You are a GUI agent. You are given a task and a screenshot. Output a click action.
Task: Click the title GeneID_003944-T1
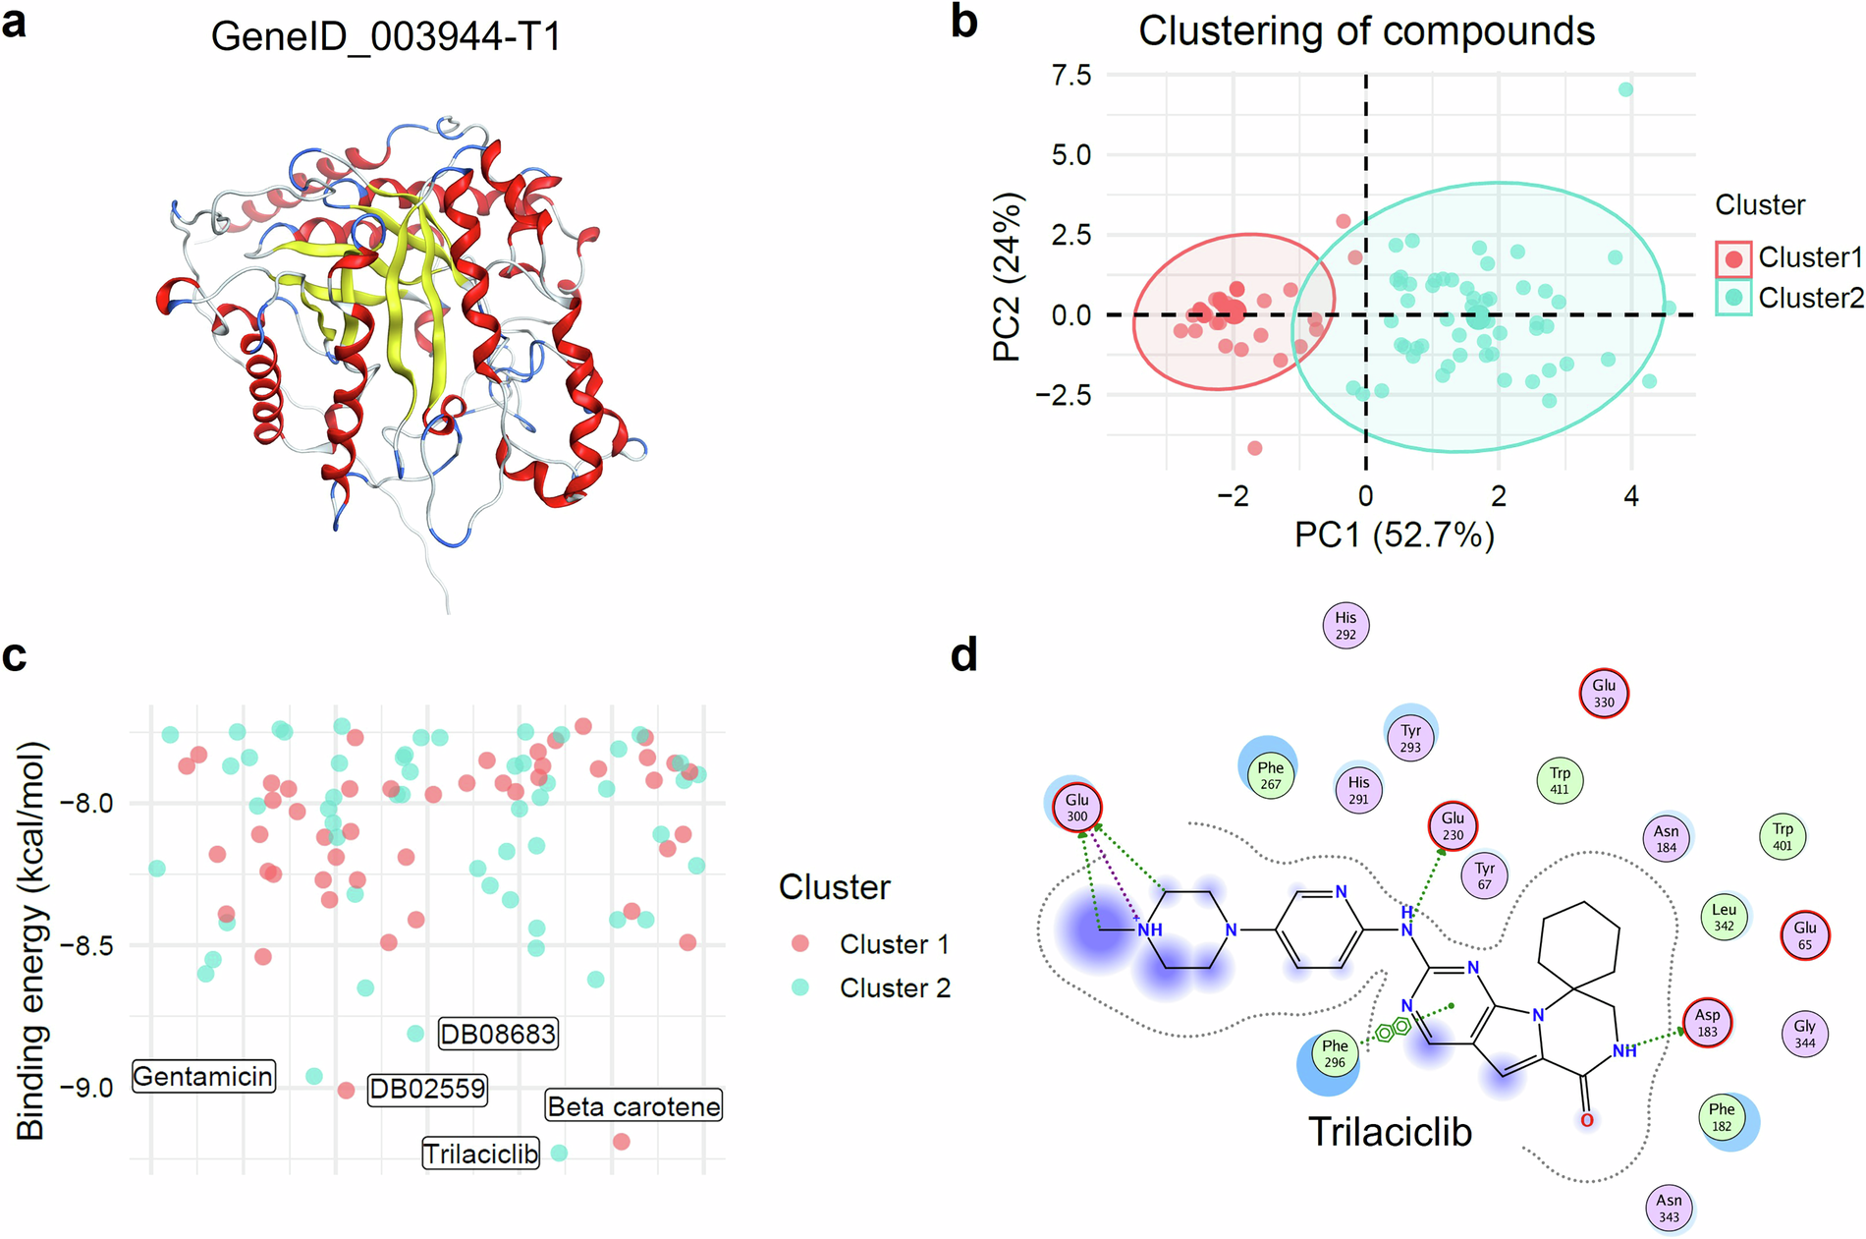point(386,37)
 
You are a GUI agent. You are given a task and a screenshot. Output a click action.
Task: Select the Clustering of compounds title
point(1366,31)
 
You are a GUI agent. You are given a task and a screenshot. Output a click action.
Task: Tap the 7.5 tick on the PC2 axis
point(1070,76)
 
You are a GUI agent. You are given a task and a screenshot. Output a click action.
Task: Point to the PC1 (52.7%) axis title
point(1395,535)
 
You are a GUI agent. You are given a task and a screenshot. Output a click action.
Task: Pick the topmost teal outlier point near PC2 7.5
point(1625,89)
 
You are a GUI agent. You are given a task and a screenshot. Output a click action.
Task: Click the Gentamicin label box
point(203,1077)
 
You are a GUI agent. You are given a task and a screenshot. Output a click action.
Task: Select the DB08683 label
point(498,1034)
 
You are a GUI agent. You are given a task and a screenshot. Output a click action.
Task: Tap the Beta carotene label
point(633,1106)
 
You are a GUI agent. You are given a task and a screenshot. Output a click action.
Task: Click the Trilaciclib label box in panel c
point(481,1153)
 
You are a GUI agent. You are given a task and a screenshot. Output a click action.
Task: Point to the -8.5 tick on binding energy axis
point(86,946)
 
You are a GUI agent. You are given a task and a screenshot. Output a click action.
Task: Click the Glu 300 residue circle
point(1077,808)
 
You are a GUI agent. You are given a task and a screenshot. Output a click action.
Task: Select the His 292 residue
point(1345,626)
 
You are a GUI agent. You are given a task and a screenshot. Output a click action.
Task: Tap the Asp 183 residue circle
point(1707,1023)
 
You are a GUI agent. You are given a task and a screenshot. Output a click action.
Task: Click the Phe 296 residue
point(1334,1053)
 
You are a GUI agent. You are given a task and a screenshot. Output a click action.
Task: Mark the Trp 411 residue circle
point(1560,781)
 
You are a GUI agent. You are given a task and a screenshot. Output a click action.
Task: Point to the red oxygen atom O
point(1587,1120)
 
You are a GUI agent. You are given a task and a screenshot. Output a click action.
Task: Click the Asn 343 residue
point(1669,1208)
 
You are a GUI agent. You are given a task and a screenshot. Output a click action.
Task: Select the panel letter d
point(964,654)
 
